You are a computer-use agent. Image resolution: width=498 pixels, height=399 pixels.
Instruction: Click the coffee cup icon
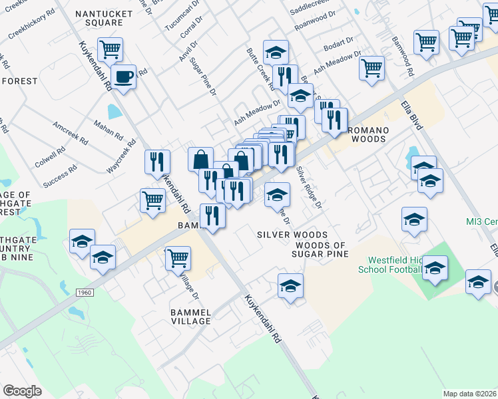[123, 76]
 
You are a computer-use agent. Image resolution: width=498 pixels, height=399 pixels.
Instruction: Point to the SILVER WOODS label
[292, 235]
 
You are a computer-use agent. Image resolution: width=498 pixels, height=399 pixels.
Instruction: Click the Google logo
[22, 390]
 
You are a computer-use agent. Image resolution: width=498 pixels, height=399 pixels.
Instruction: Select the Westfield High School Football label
[389, 265]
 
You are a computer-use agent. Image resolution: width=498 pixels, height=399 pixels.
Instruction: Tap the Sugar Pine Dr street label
[203, 76]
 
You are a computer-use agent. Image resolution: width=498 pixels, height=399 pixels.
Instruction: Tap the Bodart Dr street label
[340, 42]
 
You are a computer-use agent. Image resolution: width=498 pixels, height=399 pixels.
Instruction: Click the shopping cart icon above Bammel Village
[178, 258]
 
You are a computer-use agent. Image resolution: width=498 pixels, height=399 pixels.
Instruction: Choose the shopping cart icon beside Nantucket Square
[110, 49]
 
